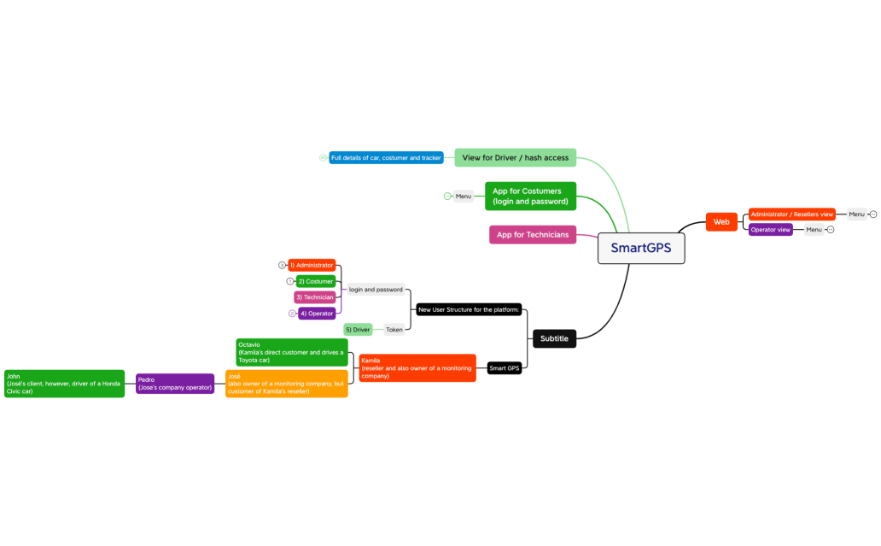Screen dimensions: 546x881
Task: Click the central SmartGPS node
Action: tap(640, 248)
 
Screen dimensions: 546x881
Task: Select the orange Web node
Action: tap(721, 222)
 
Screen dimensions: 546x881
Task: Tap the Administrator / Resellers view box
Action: tap(791, 214)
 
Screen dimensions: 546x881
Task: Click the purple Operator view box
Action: tap(771, 230)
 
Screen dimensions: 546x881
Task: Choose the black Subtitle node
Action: tap(554, 338)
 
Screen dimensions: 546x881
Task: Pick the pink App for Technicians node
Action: tap(533, 235)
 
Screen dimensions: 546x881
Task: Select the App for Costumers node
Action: tap(530, 197)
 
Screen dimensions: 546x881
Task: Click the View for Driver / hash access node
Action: tap(516, 158)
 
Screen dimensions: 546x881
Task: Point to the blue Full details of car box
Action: tap(386, 158)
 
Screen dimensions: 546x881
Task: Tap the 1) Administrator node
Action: tap(312, 266)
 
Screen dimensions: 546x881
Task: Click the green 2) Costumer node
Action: tap(316, 281)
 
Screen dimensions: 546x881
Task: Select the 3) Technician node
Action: tap(314, 297)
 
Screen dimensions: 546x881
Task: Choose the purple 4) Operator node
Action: tap(317, 314)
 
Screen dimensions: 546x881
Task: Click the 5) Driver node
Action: tap(358, 330)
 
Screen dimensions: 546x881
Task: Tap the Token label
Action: tap(394, 330)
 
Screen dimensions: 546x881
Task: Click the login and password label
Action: tap(376, 290)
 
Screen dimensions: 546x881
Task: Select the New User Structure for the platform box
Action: tap(468, 309)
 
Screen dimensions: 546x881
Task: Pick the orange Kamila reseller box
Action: tap(417, 368)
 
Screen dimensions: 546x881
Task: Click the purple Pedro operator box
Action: tap(175, 384)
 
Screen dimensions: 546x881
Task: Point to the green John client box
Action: tap(64, 384)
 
